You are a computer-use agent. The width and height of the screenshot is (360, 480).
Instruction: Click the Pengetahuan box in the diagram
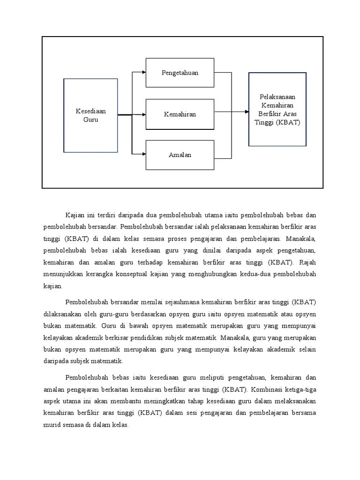pos(180,73)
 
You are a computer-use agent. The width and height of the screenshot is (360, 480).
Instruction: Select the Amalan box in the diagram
pos(180,155)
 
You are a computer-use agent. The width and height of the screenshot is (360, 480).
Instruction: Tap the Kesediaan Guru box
pos(91,115)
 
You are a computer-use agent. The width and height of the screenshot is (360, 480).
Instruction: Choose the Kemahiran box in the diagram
pos(180,114)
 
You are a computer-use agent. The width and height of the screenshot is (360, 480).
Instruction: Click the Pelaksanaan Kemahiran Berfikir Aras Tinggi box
pos(277,110)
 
